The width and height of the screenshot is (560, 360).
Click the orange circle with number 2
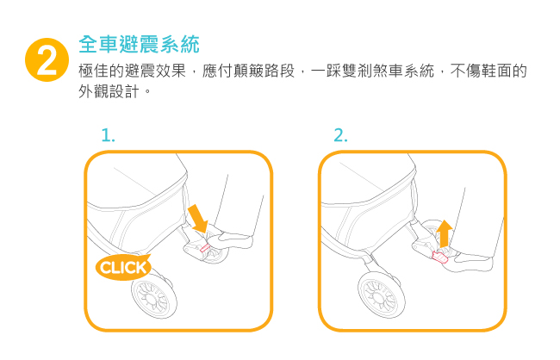pyautogui.click(x=47, y=59)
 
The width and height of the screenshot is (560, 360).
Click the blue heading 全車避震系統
pyautogui.click(x=139, y=44)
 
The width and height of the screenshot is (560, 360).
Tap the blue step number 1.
pyautogui.click(x=108, y=135)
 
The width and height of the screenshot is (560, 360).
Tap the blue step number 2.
pyautogui.click(x=340, y=135)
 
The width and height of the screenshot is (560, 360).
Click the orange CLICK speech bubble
pyautogui.click(x=123, y=267)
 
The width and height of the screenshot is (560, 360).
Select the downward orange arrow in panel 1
pyautogui.click(x=198, y=218)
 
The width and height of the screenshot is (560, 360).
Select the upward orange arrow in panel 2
pyautogui.click(x=445, y=233)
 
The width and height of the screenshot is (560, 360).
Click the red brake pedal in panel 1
pyautogui.click(x=205, y=248)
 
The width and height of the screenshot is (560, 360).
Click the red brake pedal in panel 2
pyautogui.click(x=440, y=257)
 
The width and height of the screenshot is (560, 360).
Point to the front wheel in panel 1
pyautogui.click(x=154, y=297)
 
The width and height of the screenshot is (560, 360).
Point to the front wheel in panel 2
pyautogui.click(x=382, y=295)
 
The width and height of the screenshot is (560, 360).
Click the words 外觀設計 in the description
pyautogui.click(x=109, y=92)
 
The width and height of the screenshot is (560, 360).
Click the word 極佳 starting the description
pyautogui.click(x=93, y=71)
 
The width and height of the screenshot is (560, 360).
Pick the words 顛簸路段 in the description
pyautogui.click(x=264, y=71)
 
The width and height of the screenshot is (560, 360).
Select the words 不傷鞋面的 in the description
pyautogui.click(x=488, y=71)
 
